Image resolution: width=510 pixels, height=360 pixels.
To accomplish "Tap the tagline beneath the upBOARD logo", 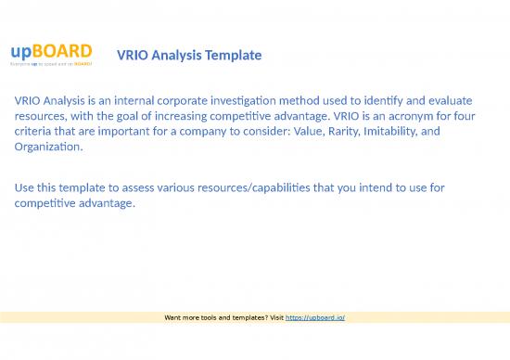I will coord(51,65).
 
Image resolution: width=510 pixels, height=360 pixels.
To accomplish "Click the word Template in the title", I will coord(233,57).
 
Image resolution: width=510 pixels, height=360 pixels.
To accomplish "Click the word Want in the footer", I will coord(173,317).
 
